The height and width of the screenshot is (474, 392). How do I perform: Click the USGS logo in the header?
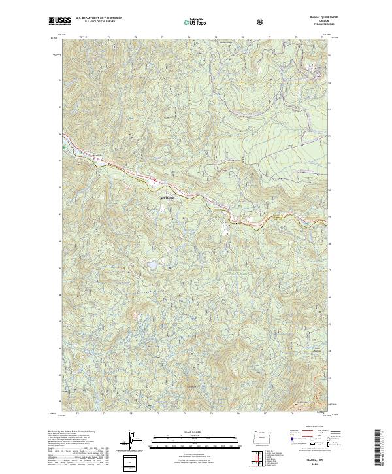pos(59,22)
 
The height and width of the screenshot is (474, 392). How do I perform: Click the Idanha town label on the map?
pos(99,155)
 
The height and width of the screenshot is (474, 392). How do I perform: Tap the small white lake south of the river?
pos(152,265)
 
